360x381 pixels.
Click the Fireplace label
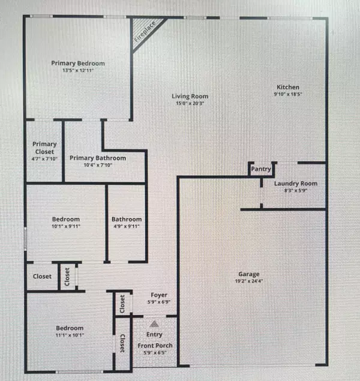click(x=144, y=31)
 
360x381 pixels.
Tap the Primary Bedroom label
click(x=78, y=63)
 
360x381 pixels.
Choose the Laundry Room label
click(x=296, y=184)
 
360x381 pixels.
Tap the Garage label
click(x=248, y=274)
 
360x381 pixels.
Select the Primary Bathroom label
click(x=98, y=158)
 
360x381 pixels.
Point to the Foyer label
click(x=159, y=295)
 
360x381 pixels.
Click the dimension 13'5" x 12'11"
click(x=78, y=70)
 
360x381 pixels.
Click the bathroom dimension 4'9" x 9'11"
click(x=126, y=227)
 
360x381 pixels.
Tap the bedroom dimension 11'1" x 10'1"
click(x=70, y=335)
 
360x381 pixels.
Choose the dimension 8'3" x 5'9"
click(x=296, y=191)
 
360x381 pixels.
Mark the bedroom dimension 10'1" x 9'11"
click(x=66, y=227)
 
